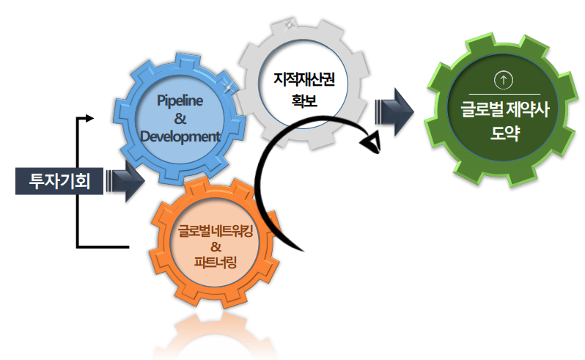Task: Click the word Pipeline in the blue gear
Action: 180,99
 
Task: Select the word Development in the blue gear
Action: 180,136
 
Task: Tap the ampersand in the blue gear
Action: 180,118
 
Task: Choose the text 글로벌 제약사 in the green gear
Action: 505,111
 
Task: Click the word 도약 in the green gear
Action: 505,136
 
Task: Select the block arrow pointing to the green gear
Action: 394,112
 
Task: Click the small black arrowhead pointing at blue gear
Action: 90,117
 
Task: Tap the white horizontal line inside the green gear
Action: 505,94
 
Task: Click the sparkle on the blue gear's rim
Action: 230,88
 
